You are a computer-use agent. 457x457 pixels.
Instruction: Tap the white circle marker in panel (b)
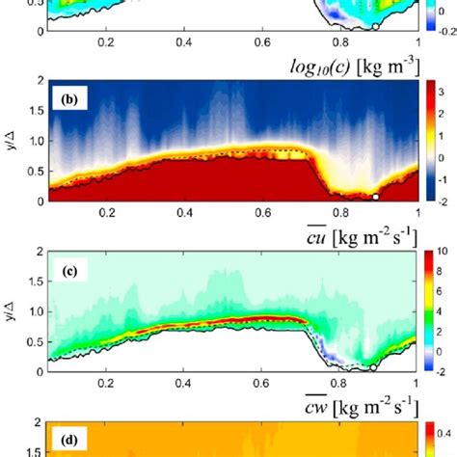376,196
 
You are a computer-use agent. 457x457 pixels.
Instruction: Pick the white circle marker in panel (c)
373,366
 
